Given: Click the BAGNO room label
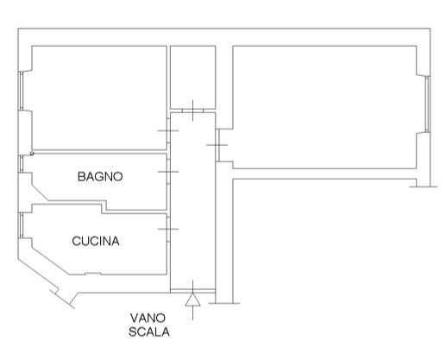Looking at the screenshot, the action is click(x=100, y=176).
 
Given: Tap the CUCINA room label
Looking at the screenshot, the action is click(x=96, y=241).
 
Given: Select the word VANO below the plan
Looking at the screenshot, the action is click(x=148, y=319).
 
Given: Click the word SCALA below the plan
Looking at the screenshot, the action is click(x=149, y=332).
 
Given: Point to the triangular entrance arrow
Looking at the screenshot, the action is click(x=192, y=300).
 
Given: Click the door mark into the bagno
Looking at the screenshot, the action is click(x=168, y=172).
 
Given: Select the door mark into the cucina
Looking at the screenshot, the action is click(x=168, y=229).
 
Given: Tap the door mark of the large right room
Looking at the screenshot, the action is click(x=217, y=145).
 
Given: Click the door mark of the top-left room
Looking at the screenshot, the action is click(x=168, y=130).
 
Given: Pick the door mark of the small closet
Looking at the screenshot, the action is click(x=192, y=111).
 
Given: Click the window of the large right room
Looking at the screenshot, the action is click(x=427, y=104).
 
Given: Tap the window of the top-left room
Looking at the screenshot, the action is click(x=21, y=91).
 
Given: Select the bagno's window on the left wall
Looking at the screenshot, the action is click(x=21, y=164).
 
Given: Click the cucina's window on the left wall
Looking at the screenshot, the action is click(x=21, y=225).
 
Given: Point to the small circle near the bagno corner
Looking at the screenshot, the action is click(x=32, y=154).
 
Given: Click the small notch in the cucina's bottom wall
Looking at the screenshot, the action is click(x=93, y=274).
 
